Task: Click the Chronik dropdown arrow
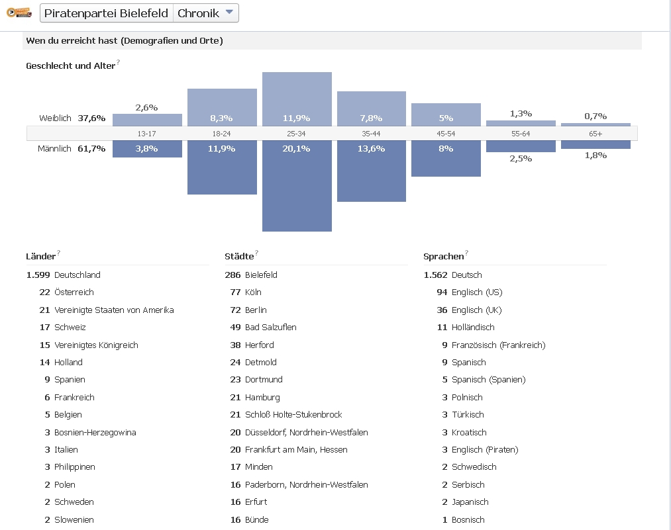(x=229, y=12)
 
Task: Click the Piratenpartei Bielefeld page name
(x=106, y=13)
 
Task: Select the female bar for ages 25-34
(x=297, y=99)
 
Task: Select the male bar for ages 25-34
(x=297, y=185)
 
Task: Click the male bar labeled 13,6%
(x=371, y=171)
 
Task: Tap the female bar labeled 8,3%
(x=222, y=107)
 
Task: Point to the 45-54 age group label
(x=446, y=134)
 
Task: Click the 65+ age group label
(x=595, y=134)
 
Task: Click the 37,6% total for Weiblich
(x=91, y=118)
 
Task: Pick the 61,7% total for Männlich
(x=91, y=149)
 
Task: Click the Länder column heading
(x=40, y=257)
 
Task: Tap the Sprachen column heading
(x=443, y=257)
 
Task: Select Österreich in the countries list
(x=74, y=292)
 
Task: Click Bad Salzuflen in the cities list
(x=270, y=328)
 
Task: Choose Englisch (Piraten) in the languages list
(x=485, y=450)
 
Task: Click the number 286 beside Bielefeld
(x=232, y=275)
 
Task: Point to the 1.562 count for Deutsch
(x=435, y=275)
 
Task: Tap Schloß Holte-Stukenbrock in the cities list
(x=293, y=415)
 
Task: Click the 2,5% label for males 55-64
(x=521, y=159)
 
